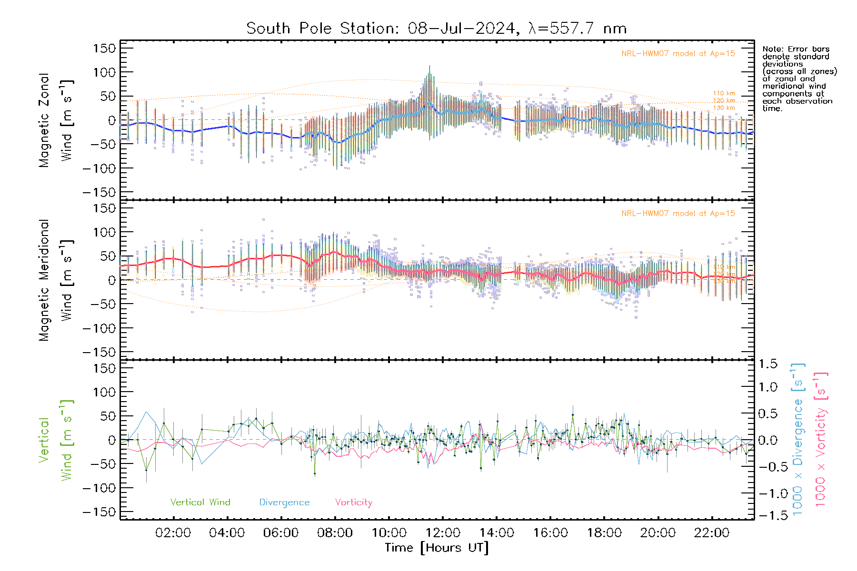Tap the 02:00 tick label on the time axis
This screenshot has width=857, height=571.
point(173,533)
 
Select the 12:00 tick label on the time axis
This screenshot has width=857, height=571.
point(443,533)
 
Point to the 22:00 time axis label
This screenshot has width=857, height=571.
point(712,533)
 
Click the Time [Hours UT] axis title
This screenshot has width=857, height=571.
point(437,548)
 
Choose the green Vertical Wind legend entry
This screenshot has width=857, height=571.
point(200,502)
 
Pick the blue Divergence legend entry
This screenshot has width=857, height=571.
point(284,502)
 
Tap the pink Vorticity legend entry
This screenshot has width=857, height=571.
point(353,502)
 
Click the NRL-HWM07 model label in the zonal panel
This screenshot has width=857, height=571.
point(678,54)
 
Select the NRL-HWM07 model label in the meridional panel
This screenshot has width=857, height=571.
point(678,214)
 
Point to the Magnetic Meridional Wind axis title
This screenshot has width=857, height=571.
point(56,280)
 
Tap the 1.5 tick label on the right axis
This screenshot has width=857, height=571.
point(768,364)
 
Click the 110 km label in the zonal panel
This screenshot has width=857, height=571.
point(724,93)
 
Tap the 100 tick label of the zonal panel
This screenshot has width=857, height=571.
point(105,72)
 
